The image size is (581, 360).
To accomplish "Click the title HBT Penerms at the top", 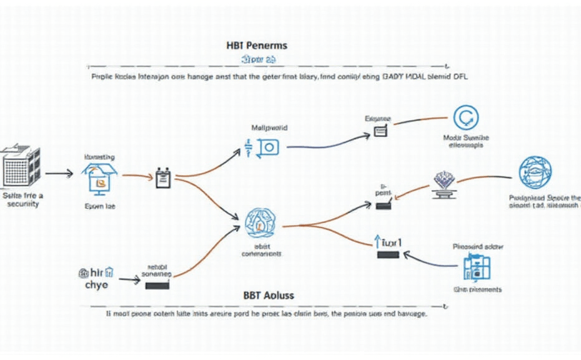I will click(257, 46).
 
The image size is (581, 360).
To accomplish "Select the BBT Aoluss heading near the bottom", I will click(269, 294).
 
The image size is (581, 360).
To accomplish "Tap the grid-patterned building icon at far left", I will click(21, 166).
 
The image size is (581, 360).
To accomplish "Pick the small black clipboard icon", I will click(163, 179).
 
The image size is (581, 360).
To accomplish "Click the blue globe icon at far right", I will click(535, 173).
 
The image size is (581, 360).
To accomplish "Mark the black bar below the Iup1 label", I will click(387, 254).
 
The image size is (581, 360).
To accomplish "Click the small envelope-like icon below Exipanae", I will click(380, 131).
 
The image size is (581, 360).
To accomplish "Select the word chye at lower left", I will click(97, 285).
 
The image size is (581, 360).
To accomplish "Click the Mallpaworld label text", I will click(269, 128).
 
